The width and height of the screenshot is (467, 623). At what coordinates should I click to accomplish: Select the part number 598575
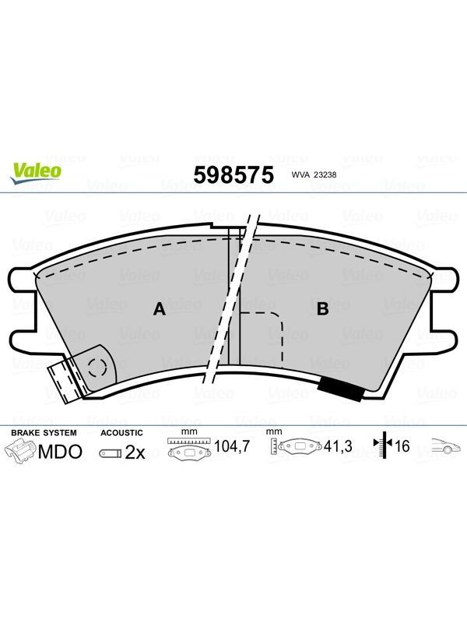click(x=233, y=174)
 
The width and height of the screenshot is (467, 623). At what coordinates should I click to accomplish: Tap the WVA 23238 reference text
click(x=314, y=174)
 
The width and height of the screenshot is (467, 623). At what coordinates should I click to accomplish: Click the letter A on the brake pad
click(x=160, y=308)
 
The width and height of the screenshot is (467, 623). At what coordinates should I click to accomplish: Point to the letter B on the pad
click(x=323, y=308)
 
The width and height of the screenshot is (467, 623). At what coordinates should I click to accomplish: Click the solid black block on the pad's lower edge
click(x=340, y=388)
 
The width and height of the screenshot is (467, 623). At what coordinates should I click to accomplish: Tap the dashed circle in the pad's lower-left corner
click(x=97, y=367)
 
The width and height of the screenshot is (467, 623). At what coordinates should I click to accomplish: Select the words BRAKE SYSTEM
click(x=44, y=433)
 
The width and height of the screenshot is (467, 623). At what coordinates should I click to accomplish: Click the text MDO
click(x=60, y=452)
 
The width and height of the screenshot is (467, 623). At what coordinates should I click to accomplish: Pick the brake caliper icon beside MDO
click(x=20, y=452)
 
